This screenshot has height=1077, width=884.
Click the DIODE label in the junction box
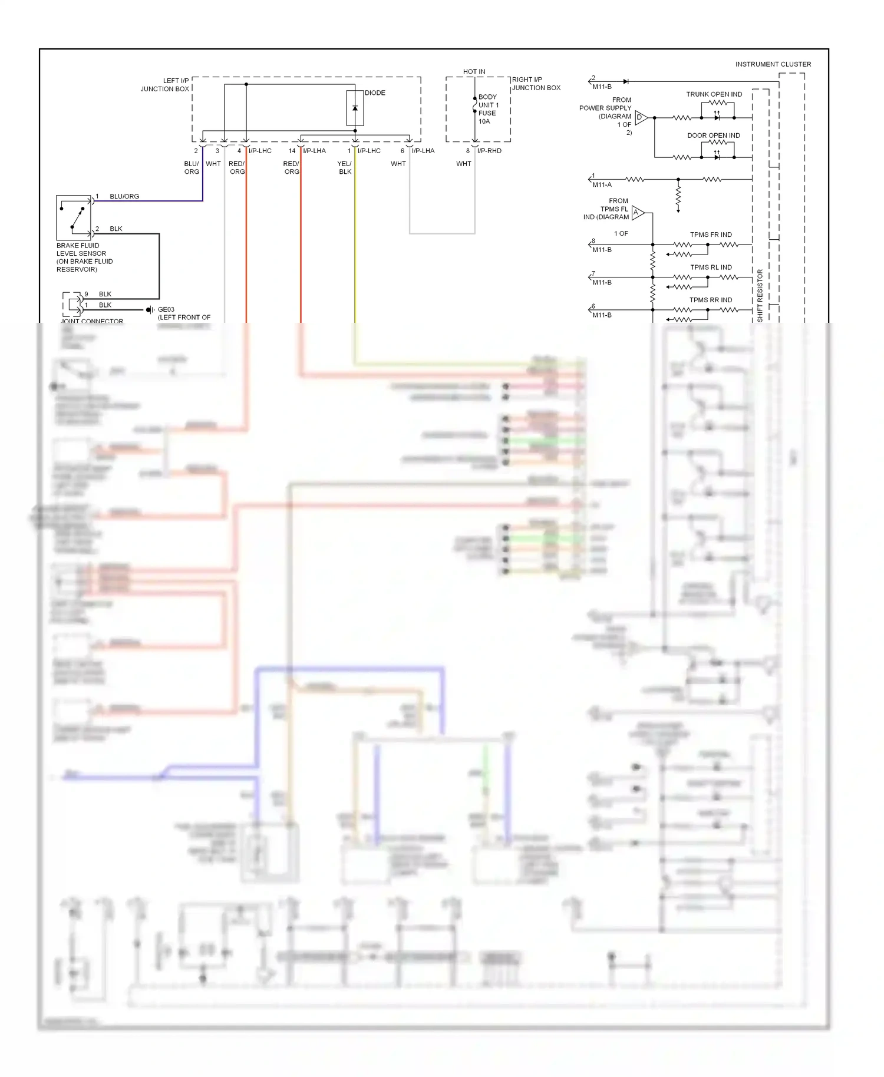coord(375,93)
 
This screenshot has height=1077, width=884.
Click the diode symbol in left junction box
coord(355,108)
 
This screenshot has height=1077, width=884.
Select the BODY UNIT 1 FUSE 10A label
coord(487,109)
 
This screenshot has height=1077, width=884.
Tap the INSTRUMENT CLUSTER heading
coord(773,64)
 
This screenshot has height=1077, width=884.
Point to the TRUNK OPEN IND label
coord(714,94)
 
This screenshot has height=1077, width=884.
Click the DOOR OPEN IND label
coord(713,136)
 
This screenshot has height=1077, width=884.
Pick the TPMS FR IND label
coord(711,234)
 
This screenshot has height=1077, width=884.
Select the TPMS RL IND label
coord(711,267)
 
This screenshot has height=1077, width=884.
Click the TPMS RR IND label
coord(711,300)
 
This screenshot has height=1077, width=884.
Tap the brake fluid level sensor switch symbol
coord(74,217)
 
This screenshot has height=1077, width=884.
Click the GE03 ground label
coord(166,309)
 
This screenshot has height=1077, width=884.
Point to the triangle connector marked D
coord(641,118)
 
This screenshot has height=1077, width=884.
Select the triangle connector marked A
coord(637,213)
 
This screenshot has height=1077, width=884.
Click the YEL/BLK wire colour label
coord(345,168)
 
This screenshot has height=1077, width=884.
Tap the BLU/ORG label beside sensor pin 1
coord(124,196)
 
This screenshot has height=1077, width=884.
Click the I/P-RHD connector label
coord(489,151)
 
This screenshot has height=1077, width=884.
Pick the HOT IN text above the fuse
coord(474,72)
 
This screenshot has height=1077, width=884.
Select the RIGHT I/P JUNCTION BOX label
coord(536,84)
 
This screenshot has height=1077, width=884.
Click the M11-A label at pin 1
coord(602,185)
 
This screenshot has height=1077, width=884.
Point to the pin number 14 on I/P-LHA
coord(292,151)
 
